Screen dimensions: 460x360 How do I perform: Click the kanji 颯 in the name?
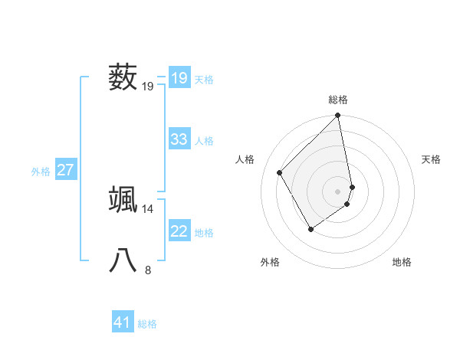[123, 199]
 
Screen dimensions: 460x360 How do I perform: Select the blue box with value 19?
[179, 78]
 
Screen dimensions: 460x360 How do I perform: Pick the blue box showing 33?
[179, 139]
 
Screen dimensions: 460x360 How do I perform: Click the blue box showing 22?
[179, 231]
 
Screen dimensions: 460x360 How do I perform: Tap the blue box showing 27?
[65, 170]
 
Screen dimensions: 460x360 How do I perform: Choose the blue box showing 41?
[123, 322]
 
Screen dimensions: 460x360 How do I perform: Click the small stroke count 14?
[148, 208]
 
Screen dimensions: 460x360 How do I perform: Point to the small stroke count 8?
[148, 270]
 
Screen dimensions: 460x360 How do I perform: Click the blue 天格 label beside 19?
[204, 80]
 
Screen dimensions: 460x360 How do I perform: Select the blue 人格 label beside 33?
[204, 141]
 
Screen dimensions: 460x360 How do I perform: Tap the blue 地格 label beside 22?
[204, 233]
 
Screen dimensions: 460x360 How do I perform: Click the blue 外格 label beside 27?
[41, 172]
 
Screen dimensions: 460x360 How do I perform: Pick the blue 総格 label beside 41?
[147, 324]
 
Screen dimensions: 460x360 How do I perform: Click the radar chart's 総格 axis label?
[338, 100]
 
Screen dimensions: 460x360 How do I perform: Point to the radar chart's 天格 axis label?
[431, 159]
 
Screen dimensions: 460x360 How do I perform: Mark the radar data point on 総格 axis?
[338, 116]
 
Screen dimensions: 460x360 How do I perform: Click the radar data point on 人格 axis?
[280, 172]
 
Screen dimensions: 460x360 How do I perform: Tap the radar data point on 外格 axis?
[310, 228]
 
